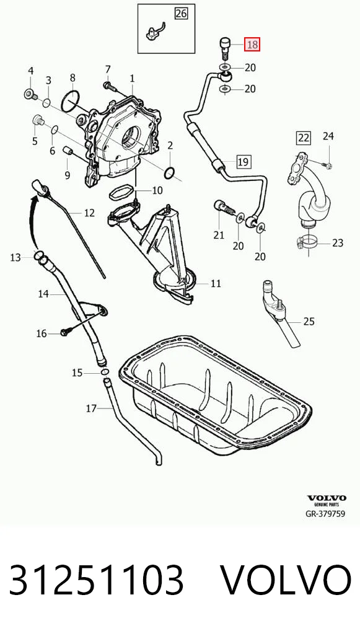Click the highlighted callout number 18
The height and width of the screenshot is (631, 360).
[253, 43]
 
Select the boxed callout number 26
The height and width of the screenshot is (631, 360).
[181, 14]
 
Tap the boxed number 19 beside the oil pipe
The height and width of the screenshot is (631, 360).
[243, 162]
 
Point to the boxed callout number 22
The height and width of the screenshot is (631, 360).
[304, 138]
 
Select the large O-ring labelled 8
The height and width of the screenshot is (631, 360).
[71, 102]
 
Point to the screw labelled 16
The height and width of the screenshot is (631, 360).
[66, 332]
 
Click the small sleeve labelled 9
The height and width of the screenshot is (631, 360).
[67, 151]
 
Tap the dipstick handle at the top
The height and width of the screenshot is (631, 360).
[40, 188]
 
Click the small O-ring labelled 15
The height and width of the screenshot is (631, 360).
[105, 373]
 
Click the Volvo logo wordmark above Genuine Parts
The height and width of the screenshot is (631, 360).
[327, 498]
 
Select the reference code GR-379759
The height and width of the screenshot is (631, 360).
[325, 514]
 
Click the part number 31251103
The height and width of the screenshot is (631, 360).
[97, 580]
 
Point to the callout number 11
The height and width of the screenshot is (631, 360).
[216, 283]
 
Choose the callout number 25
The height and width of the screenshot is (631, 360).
[309, 321]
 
